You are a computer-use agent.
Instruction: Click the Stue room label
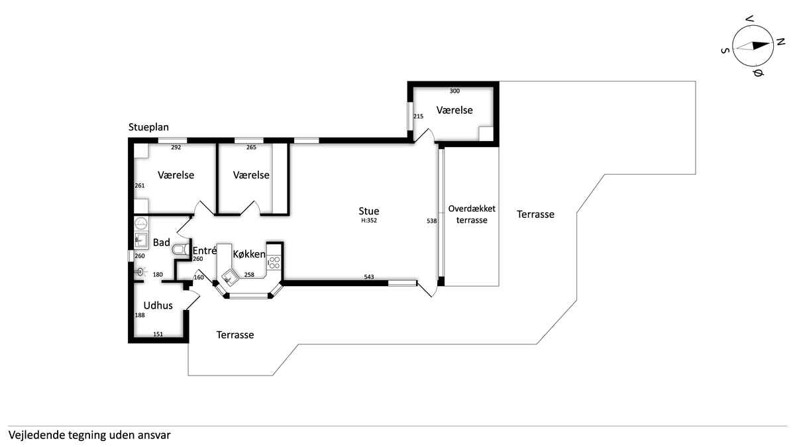click(x=369, y=211)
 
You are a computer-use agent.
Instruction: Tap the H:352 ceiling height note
click(x=369, y=221)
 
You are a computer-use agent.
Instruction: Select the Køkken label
click(x=249, y=254)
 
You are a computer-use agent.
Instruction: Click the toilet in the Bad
click(x=181, y=250)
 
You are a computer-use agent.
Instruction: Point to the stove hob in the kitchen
click(x=274, y=263)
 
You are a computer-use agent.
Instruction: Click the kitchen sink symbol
click(x=229, y=277)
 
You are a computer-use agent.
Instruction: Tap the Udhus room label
click(x=158, y=305)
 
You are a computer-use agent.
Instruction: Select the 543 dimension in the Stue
click(x=369, y=277)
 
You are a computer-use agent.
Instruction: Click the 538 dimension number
click(x=431, y=221)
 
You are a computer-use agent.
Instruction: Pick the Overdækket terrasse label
click(x=472, y=215)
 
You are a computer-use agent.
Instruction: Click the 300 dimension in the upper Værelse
click(x=454, y=91)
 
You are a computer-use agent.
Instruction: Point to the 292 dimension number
click(x=176, y=147)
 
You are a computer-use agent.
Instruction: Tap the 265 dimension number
click(x=251, y=147)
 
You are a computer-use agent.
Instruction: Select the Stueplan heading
click(x=148, y=127)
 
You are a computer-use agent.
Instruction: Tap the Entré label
click(x=205, y=250)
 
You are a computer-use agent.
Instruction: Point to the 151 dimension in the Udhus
click(x=158, y=334)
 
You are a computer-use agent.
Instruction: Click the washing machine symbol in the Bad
click(x=141, y=223)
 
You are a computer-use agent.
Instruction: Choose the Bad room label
click(x=162, y=242)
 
